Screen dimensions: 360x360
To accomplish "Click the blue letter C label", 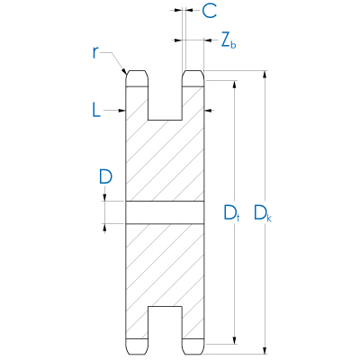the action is (x=209, y=11).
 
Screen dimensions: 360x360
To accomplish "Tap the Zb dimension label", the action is (x=229, y=40).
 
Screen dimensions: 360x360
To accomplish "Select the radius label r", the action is (x=95, y=53).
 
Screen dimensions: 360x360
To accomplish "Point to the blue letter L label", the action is (x=96, y=110).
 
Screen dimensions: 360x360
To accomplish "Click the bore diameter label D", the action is (x=105, y=176).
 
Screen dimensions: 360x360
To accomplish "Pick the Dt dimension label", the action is (x=231, y=213).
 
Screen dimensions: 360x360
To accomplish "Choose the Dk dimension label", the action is (x=263, y=213).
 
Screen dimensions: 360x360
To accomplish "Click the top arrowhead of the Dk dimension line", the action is (x=265, y=75).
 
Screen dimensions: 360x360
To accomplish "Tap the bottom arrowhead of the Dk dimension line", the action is (x=265, y=351).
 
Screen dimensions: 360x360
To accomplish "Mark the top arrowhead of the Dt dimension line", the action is (x=235, y=85).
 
